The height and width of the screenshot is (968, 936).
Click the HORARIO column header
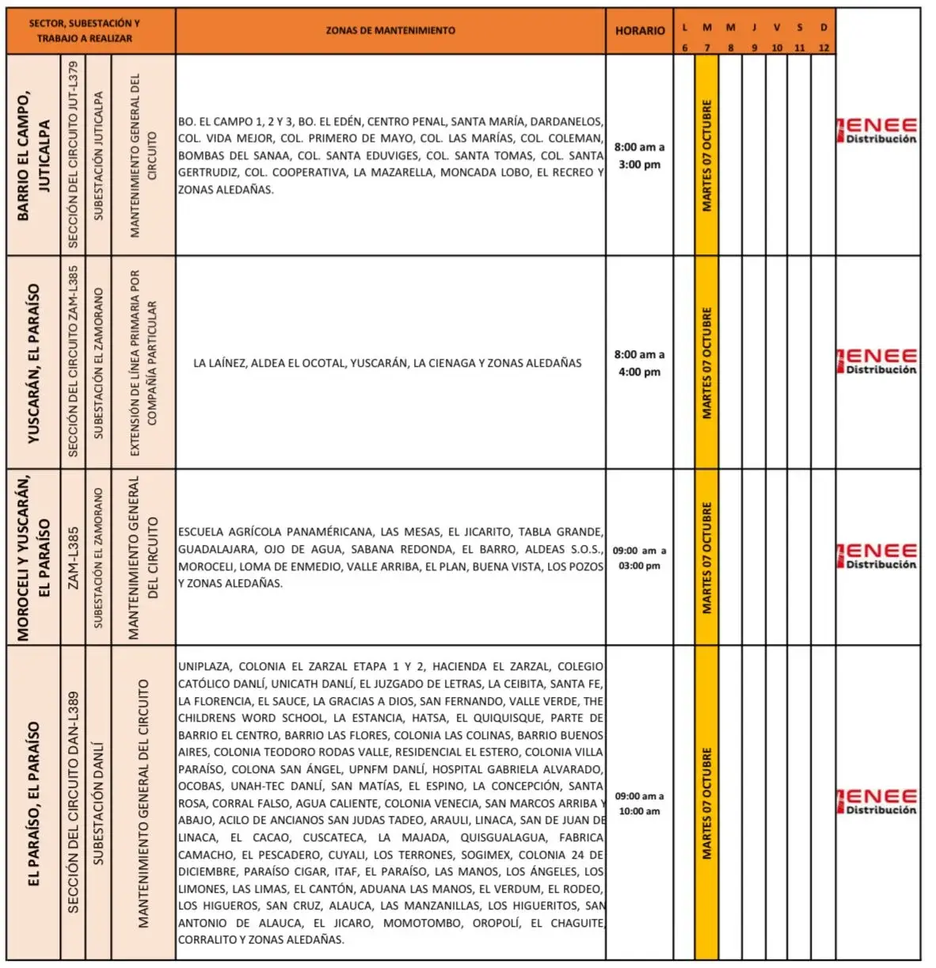coord(640,31)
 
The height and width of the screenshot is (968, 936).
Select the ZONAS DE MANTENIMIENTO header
coord(390,31)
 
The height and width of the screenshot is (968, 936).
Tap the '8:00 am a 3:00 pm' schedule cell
coord(640,156)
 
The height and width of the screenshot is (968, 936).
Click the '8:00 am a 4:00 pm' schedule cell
coord(640,363)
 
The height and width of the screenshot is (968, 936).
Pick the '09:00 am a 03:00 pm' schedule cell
coord(640,558)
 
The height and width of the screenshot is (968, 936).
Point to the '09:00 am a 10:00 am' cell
coord(640,803)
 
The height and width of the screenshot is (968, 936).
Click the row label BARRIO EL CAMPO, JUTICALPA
coord(33,155)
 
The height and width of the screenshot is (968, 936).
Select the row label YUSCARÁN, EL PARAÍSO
coord(33,363)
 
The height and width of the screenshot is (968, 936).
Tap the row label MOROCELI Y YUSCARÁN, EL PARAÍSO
coord(33,558)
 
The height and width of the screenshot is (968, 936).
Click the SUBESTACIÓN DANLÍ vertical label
coord(98,803)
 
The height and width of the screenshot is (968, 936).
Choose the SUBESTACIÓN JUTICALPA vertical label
coord(98,155)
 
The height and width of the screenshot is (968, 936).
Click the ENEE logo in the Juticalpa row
coord(877,131)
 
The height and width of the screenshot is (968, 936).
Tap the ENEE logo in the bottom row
coord(877,801)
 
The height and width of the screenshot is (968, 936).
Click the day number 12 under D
coord(824,48)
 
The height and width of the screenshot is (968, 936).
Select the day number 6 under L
coord(685,48)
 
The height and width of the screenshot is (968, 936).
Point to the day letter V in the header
coord(777,28)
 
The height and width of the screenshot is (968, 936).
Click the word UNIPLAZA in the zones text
coord(204,667)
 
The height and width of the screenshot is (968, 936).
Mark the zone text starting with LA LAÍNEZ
coord(387,364)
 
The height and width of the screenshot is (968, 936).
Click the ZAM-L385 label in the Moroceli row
coord(74,558)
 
